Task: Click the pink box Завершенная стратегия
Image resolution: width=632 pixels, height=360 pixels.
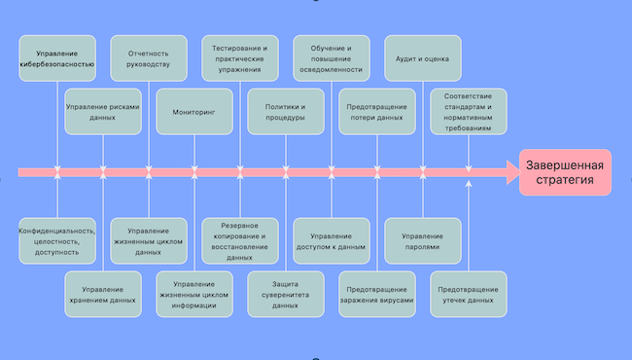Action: click(x=565, y=172)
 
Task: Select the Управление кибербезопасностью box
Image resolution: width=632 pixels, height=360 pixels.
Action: click(x=57, y=58)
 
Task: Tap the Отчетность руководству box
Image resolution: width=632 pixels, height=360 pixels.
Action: click(x=149, y=58)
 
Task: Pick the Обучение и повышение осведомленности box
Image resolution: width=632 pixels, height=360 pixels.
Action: click(x=332, y=58)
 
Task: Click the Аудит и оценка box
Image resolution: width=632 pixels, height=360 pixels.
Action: click(x=423, y=58)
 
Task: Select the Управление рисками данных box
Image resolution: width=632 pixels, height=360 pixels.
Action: click(x=103, y=111)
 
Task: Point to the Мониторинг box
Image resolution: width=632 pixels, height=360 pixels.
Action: click(x=194, y=111)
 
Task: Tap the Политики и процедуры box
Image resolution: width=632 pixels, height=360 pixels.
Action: click(x=286, y=111)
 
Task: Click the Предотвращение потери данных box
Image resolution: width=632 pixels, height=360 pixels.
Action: click(x=377, y=111)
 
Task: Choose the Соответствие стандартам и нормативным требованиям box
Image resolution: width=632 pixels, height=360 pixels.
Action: click(x=469, y=111)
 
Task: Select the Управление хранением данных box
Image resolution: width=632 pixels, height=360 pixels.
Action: click(x=103, y=294)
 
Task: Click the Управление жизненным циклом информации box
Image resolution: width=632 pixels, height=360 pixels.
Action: click(x=194, y=294)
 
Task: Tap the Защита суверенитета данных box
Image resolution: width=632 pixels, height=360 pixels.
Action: click(x=286, y=294)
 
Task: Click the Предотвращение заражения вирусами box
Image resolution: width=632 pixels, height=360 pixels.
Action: click(x=377, y=294)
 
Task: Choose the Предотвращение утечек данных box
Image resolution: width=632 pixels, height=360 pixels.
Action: click(x=469, y=294)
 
